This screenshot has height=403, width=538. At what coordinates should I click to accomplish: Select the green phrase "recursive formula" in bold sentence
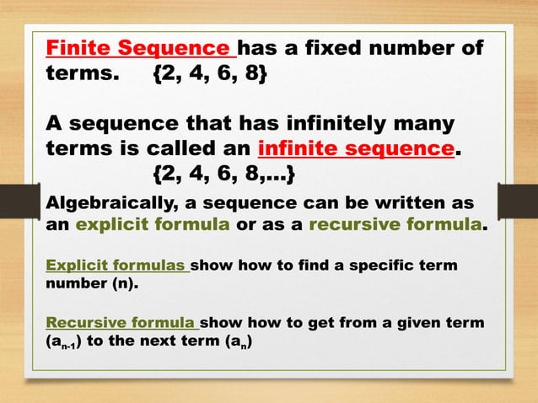point(395,225)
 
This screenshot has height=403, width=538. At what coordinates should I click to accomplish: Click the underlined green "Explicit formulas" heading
point(116,266)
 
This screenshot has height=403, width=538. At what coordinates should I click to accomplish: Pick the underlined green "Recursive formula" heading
point(121,323)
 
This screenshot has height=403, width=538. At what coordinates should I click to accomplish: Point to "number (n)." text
point(89,284)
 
